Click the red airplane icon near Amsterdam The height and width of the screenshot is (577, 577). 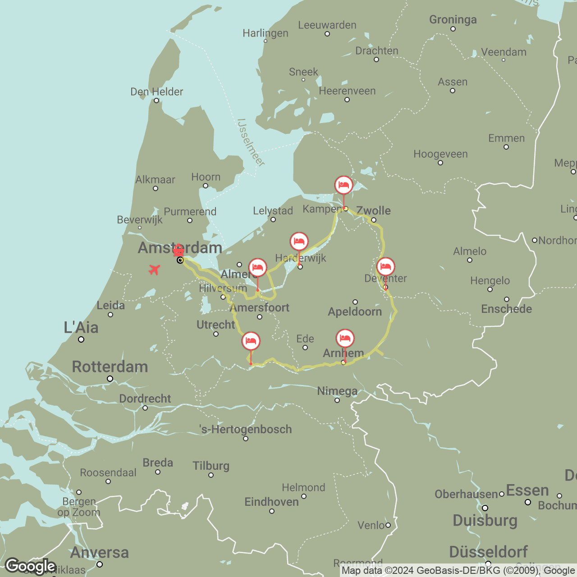point(154,270)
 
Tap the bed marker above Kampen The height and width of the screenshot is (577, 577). point(343,185)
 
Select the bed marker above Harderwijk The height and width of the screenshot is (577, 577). point(299,242)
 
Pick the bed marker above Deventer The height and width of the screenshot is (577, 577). point(385,267)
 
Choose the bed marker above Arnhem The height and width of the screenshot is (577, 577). point(345,338)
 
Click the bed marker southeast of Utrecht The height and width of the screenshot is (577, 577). point(251,341)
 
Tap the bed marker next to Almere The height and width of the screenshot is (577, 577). point(257,267)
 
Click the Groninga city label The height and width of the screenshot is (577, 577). point(453,19)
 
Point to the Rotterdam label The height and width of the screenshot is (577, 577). point(110,366)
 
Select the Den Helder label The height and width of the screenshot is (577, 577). point(156,92)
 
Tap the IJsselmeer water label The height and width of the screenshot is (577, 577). point(251,142)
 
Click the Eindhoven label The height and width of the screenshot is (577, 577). point(271,502)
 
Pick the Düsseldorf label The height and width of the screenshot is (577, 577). point(488,551)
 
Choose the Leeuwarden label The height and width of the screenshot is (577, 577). point(327,25)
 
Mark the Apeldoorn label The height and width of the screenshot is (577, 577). point(355,311)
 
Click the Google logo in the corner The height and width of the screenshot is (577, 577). point(30,566)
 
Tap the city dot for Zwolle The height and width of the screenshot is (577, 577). point(374,220)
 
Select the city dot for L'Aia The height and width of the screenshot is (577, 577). point(81,339)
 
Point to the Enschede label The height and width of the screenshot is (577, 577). point(506,309)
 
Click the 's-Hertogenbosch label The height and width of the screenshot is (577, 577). point(246,429)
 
